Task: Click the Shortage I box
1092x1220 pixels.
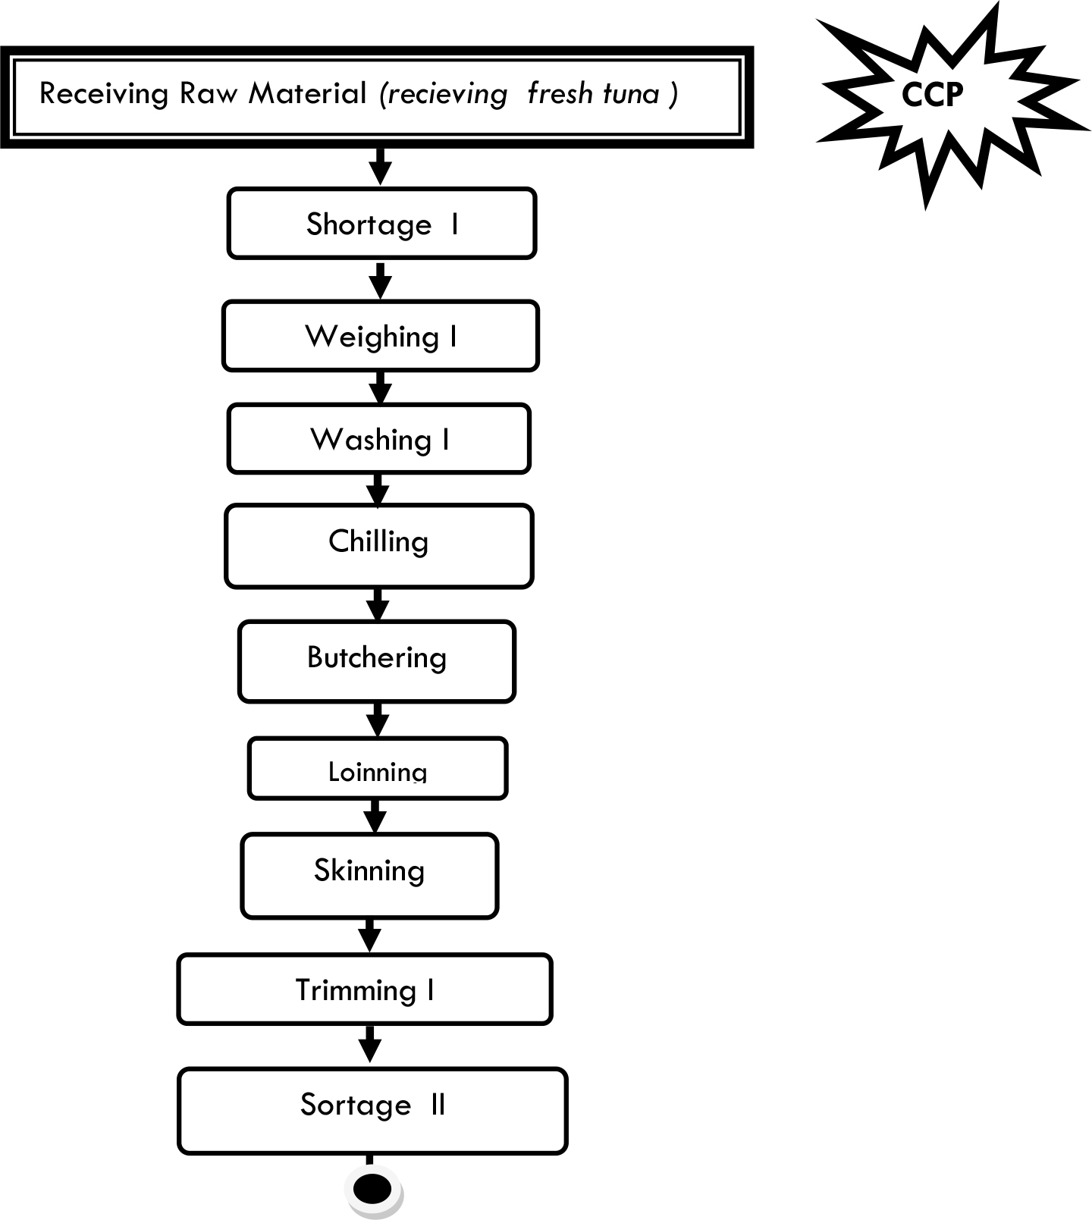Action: click(381, 224)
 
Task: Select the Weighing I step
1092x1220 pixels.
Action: click(380, 336)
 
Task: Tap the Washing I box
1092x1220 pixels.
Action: click(378, 439)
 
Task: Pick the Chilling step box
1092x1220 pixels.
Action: click(378, 546)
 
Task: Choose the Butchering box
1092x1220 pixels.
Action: click(377, 661)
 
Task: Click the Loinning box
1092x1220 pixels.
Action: click(377, 768)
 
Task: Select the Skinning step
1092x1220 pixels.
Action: click(369, 876)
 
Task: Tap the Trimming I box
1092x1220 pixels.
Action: click(365, 989)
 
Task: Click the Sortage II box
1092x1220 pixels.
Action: click(372, 1111)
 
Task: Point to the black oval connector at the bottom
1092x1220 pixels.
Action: click(372, 1189)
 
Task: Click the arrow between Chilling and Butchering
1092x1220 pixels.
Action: click(378, 604)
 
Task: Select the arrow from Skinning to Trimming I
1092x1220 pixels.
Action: click(369, 936)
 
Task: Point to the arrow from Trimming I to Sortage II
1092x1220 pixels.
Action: click(369, 1045)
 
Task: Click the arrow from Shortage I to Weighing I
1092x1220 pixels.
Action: click(381, 280)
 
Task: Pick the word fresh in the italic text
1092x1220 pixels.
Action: click(560, 94)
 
